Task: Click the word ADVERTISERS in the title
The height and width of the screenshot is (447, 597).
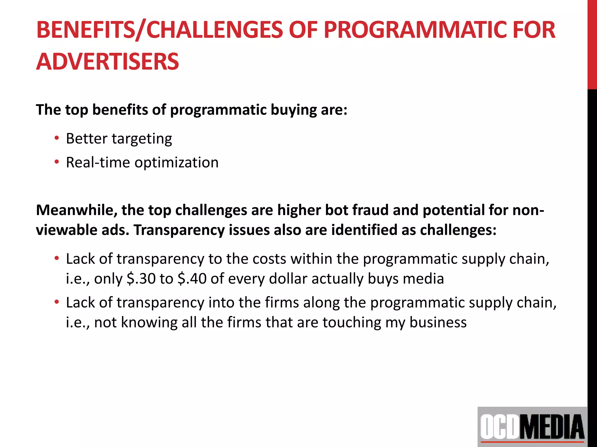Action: point(107,62)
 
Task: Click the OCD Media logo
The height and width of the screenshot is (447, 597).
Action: point(532,427)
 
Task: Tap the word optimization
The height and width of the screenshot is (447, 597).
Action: point(176,162)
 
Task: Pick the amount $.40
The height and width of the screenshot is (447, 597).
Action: point(192,279)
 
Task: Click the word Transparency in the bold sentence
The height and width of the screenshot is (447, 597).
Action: point(179,230)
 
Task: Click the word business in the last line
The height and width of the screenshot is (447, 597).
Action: point(438,322)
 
